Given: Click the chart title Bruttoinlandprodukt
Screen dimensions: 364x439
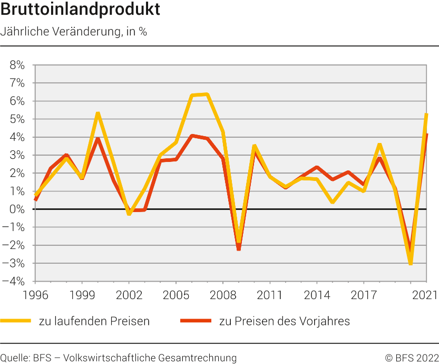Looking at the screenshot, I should pyautogui.click(x=81, y=9).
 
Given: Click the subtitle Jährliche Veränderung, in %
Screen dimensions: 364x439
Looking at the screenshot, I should pyautogui.click(x=74, y=31).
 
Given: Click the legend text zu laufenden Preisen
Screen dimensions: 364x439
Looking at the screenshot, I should pyautogui.click(x=94, y=321).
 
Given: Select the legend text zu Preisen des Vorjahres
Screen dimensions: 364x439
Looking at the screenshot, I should pyautogui.click(x=284, y=321).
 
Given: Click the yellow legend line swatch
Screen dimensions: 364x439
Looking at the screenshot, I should pyautogui.click(x=16, y=320).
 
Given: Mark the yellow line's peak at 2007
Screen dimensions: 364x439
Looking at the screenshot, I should pyautogui.click(x=207, y=94).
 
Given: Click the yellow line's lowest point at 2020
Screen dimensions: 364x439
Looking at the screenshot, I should pyautogui.click(x=411, y=263).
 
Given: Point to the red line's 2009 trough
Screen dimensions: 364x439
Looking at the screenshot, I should pyautogui.click(x=238, y=249).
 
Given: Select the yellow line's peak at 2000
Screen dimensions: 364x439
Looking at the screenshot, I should pyautogui.click(x=97, y=113).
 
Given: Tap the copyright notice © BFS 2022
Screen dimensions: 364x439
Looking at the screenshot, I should pyautogui.click(x=412, y=358).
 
